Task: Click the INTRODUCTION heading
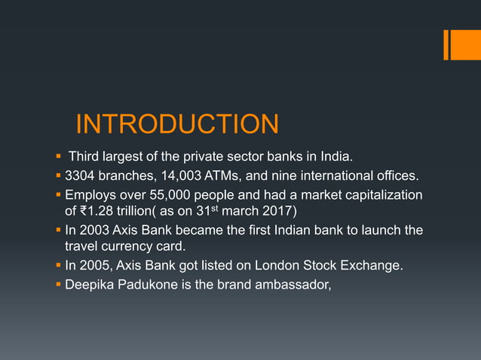coord(177,124)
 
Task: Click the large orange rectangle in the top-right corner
coord(461,44)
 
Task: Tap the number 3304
coord(81,177)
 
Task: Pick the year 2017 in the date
coord(282,212)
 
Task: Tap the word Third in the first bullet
coord(84,157)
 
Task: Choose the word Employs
coord(92,196)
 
